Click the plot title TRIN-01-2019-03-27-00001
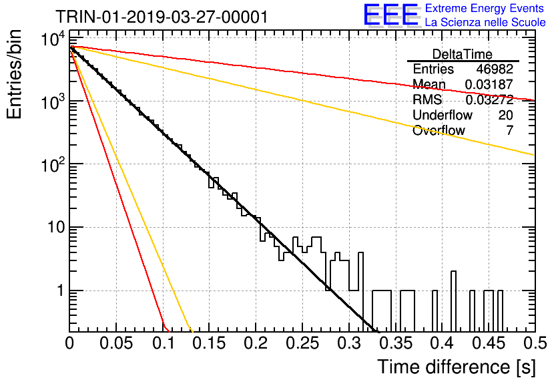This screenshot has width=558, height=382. [162, 17]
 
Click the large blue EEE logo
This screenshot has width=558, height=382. [391, 15]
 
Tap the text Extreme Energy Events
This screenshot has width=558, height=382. [485, 8]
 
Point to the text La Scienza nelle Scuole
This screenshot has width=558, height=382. [485, 22]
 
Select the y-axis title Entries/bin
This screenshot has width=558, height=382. [14, 74]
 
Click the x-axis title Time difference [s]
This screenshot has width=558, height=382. [457, 367]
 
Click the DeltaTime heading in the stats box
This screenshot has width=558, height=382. [463, 54]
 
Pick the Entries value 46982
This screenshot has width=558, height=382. [495, 69]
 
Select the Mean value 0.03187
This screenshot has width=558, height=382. [489, 84]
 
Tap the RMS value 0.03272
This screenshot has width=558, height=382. [489, 100]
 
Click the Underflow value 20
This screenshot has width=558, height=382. [506, 115]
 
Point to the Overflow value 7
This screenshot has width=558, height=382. [510, 130]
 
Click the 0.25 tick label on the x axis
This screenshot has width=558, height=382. [302, 343]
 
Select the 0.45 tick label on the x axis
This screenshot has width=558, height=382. [489, 343]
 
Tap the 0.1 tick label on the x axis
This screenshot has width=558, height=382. [164, 343]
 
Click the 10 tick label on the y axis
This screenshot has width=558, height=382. [57, 227]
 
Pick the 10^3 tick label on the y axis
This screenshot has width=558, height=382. [53, 100]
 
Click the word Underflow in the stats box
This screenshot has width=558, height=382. [443, 115]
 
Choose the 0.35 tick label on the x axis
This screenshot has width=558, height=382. [395, 343]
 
